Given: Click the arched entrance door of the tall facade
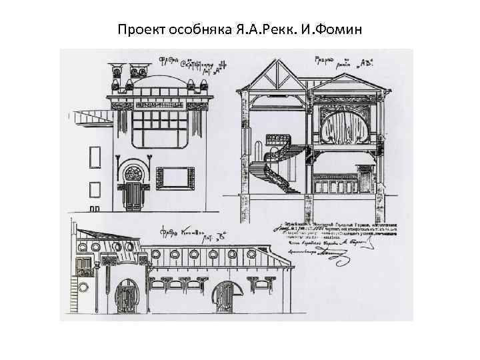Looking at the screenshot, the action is pyautogui.click(x=135, y=195).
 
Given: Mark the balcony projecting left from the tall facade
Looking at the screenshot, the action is pyautogui.click(x=93, y=119).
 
